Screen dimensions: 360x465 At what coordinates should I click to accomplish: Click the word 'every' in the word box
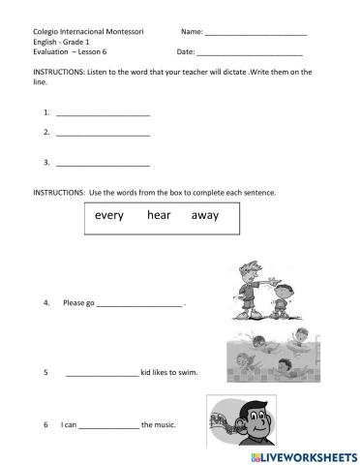pos(109,215)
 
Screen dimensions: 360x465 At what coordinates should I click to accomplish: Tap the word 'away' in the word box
pos(204,215)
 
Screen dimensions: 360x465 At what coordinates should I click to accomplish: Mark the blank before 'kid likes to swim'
pos(103,373)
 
